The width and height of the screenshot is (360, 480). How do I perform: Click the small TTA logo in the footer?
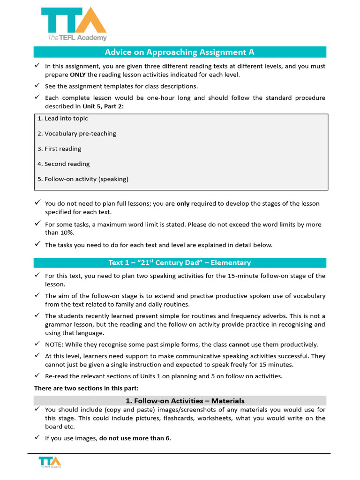50,461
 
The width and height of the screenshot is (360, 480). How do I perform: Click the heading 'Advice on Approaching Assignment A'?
180,52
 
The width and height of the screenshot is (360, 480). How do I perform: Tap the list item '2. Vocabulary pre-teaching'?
76,134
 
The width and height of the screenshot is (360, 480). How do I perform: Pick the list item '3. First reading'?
59,149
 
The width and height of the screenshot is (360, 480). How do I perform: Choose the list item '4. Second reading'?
63,164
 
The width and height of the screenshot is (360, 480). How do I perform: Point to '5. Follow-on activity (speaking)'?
82,179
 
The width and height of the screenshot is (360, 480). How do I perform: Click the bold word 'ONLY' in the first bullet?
78,75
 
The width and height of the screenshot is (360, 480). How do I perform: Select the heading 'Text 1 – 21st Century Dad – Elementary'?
180,262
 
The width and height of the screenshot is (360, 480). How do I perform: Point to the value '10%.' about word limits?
67,232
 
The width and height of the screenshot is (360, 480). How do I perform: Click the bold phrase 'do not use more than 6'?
135,438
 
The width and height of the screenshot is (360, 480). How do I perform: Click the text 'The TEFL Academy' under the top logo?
77,38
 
